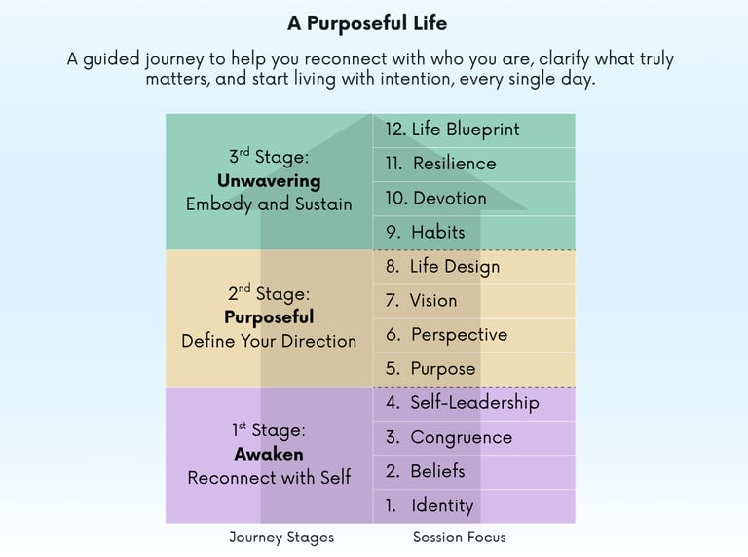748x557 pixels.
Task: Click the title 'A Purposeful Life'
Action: pyautogui.click(x=367, y=23)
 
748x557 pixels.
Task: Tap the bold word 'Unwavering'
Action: pyautogui.click(x=269, y=181)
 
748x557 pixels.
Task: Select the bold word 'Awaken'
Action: pyautogui.click(x=269, y=454)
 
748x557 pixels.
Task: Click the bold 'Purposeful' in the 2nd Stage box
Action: pyautogui.click(x=269, y=317)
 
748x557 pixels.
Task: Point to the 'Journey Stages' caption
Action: pyautogui.click(x=281, y=538)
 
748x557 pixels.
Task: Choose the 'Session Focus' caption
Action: pyautogui.click(x=460, y=537)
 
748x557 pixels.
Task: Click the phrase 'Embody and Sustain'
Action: pyautogui.click(x=269, y=204)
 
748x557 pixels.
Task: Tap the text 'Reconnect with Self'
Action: pyautogui.click(x=269, y=477)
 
